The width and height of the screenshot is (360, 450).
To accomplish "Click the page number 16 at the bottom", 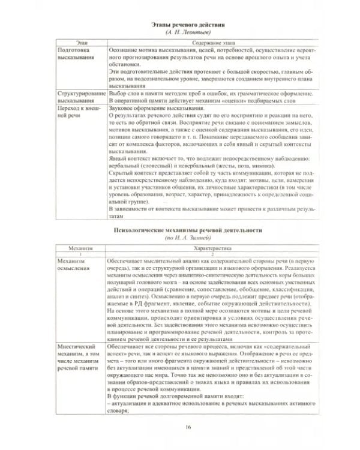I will (188, 427).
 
